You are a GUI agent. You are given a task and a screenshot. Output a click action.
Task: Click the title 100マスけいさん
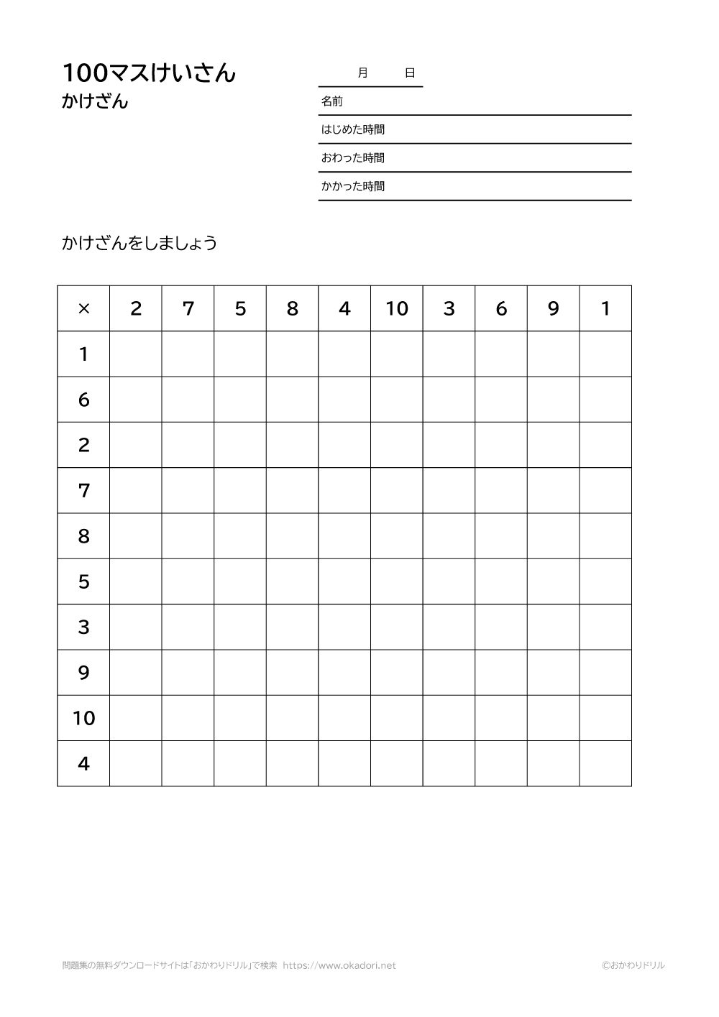tap(149, 73)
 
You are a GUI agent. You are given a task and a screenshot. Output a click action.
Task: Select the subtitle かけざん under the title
tap(95, 101)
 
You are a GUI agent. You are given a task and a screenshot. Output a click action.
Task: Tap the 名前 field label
tap(331, 101)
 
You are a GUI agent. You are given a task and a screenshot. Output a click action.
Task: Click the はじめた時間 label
tap(352, 129)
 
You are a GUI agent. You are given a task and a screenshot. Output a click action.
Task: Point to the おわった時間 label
tap(352, 158)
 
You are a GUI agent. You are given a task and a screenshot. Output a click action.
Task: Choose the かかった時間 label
tap(352, 186)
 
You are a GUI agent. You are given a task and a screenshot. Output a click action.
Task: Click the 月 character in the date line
tap(362, 73)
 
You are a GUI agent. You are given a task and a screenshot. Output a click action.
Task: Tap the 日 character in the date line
tap(410, 73)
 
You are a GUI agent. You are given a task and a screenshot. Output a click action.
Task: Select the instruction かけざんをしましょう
tap(139, 243)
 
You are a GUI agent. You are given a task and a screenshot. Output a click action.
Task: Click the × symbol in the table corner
tap(83, 308)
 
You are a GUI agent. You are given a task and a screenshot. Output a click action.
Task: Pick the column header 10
tap(397, 308)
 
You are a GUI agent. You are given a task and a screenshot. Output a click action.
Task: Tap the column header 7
tap(188, 308)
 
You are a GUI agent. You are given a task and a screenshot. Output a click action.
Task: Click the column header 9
tap(553, 308)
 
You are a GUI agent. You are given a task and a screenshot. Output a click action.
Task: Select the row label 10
tap(83, 718)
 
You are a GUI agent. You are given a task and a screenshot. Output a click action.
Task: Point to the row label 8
tap(83, 536)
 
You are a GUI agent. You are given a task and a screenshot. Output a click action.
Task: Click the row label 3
tap(83, 627)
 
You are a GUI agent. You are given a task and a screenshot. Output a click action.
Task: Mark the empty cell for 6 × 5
tap(240, 400)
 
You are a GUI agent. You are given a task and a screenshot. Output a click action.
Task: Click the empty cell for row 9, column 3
tap(449, 673)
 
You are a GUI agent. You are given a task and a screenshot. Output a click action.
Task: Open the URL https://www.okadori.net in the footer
tap(339, 965)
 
